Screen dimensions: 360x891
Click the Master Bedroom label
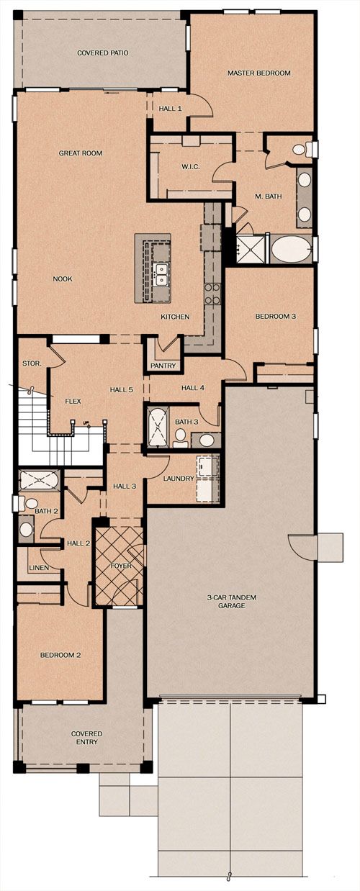tap(258, 73)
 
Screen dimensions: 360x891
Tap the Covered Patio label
tap(103, 53)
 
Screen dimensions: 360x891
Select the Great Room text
tap(81, 153)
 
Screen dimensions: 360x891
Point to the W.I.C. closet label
tap(191, 167)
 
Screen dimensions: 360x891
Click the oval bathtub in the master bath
tap(291, 250)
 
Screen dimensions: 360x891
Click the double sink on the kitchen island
tap(161, 274)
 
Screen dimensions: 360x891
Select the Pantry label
tap(163, 366)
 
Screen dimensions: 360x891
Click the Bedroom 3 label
tap(275, 317)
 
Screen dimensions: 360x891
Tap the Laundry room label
tap(179, 479)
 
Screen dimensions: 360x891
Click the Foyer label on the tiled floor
tap(122, 566)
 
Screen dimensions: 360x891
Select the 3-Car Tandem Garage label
tap(232, 602)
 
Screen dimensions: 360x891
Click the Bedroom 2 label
tap(60, 655)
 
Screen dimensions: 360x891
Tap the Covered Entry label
tap(86, 738)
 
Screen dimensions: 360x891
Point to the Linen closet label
tap(39, 568)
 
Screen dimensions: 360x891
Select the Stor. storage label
tap(32, 363)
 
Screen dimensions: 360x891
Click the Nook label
tap(63, 279)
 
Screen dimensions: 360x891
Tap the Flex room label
tap(73, 402)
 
